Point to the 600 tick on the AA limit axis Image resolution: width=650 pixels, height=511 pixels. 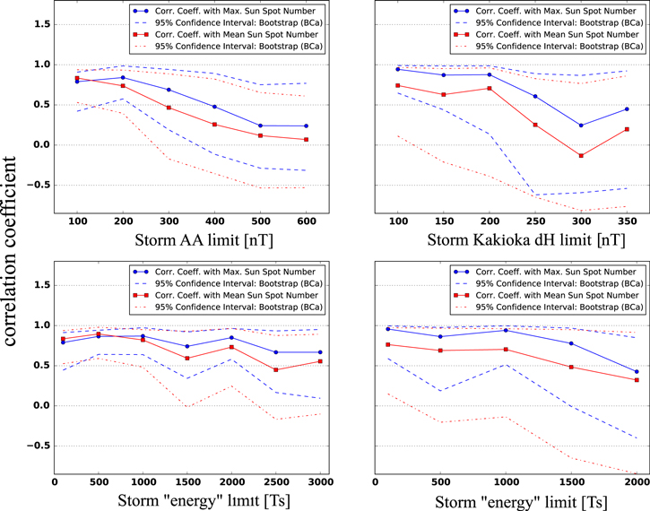[x=306, y=220]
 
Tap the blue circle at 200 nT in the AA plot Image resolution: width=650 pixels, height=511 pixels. [x=123, y=77]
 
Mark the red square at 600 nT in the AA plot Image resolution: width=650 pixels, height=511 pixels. [x=306, y=139]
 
